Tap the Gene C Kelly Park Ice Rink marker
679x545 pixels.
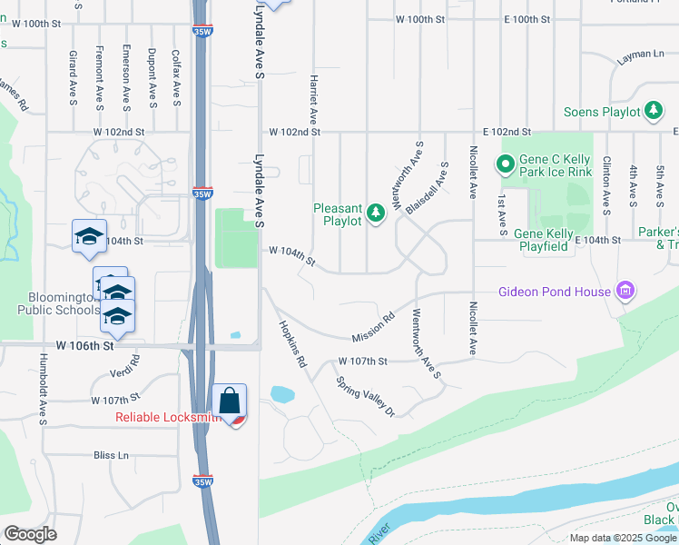coord(506,164)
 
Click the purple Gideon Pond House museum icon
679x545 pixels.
coord(624,292)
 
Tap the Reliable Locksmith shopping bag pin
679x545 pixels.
coord(229,401)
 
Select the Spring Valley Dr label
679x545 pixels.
coord(366,397)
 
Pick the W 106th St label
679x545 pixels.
coord(85,346)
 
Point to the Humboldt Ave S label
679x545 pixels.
coord(42,389)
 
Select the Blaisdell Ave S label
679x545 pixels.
coord(428,188)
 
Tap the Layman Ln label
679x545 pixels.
coord(640,55)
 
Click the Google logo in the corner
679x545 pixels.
coord(30,533)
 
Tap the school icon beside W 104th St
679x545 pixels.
coord(89,236)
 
